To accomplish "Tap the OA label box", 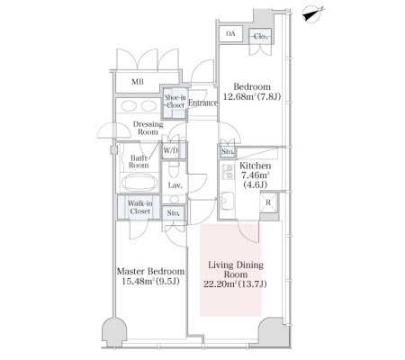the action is (x=230, y=34).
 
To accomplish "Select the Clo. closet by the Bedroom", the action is (x=260, y=37).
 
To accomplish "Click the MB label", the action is (x=138, y=82).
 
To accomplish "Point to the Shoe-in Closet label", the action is (x=175, y=102).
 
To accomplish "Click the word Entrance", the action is (x=202, y=103).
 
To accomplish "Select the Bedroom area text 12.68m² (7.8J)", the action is (x=252, y=96).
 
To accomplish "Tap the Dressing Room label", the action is (x=148, y=128).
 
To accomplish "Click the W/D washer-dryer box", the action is (x=171, y=150).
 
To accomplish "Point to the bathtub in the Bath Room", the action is (x=139, y=182).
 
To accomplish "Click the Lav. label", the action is (x=175, y=185).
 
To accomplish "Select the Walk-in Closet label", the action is (x=140, y=207).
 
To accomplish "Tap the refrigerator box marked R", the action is (x=268, y=202).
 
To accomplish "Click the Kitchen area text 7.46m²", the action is (x=256, y=175).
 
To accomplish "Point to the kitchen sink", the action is (x=228, y=201).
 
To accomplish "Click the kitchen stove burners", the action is (x=228, y=172).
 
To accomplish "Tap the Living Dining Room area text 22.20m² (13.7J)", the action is (x=235, y=283).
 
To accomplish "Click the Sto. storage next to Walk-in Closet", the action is (x=174, y=213).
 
